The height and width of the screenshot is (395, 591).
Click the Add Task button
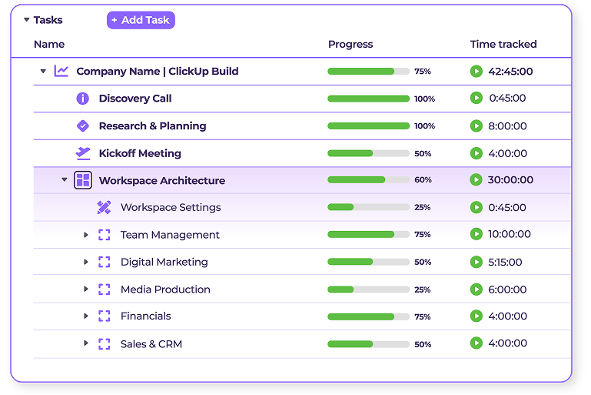point(141,20)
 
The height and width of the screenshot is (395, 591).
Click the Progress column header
point(350,45)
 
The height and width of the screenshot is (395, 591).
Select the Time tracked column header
point(503,45)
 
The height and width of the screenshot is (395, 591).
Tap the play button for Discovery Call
point(476,99)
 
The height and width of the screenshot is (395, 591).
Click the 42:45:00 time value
point(510,72)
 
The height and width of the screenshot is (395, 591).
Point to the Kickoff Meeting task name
point(140,153)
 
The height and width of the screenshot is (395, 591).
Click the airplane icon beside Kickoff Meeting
point(83,153)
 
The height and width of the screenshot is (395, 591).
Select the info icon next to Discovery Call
point(83,99)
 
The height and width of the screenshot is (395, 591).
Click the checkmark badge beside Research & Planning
point(83,126)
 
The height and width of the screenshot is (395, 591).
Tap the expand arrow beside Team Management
point(86,235)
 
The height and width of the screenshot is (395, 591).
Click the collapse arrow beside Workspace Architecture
point(65,180)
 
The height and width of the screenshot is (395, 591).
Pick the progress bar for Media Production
point(368,290)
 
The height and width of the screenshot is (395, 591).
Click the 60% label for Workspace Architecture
point(423,180)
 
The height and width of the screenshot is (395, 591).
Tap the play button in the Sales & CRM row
point(476,343)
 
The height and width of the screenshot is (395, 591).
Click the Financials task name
point(146,316)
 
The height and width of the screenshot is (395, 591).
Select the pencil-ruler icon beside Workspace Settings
point(104,207)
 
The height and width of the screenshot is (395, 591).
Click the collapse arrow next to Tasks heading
point(26,20)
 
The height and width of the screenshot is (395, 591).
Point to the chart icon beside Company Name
point(61,72)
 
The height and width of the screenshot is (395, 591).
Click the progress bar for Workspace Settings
point(368,207)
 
